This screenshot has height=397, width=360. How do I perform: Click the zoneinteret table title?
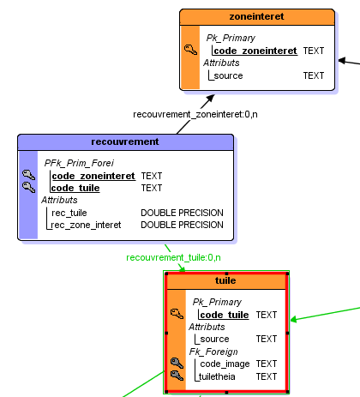click(256, 16)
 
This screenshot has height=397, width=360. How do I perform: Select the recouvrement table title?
click(125, 141)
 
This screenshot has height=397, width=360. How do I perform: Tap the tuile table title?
click(225, 280)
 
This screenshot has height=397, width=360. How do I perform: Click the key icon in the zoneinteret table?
click(190, 50)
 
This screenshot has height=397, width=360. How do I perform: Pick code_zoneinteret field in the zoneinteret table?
click(255, 51)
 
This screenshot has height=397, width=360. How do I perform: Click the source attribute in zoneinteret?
click(228, 75)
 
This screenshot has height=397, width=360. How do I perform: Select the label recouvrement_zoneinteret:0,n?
click(195, 114)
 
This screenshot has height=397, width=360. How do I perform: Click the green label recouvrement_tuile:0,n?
click(173, 257)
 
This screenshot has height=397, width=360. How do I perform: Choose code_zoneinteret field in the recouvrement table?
click(93, 176)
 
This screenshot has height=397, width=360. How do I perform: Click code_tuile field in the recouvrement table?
click(75, 188)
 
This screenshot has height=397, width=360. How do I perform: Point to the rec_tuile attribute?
click(69, 213)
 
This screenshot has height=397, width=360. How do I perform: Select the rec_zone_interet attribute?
click(86, 225)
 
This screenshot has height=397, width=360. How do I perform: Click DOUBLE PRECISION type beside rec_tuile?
click(182, 213)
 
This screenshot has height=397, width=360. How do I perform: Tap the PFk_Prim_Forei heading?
click(79, 163)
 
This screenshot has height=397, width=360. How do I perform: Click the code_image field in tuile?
click(225, 364)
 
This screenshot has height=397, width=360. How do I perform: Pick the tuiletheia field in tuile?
click(217, 376)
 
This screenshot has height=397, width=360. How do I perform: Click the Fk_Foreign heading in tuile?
click(213, 352)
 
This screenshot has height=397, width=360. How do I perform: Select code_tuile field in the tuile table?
click(225, 315)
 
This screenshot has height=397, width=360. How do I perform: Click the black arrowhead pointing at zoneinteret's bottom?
click(211, 98)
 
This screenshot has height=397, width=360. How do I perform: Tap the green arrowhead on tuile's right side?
click(293, 319)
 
